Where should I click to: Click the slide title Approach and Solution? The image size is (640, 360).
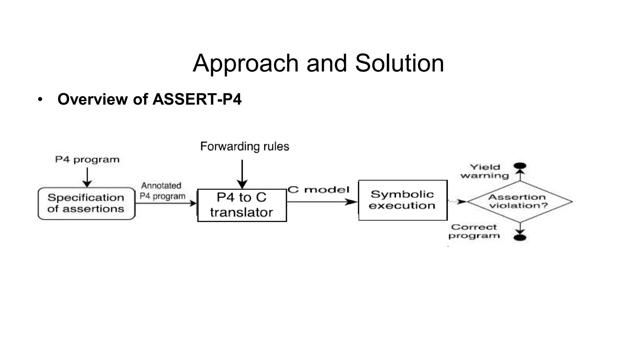click(318, 63)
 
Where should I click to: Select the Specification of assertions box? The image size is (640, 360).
click(86, 203)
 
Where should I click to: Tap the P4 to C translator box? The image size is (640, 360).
click(242, 205)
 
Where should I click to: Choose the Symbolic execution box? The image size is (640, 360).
click(403, 200)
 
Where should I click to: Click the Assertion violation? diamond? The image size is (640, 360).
click(520, 202)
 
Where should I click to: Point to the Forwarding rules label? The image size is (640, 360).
click(245, 146)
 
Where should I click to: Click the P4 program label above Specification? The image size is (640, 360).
click(87, 160)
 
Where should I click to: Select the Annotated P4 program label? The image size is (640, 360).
click(162, 191)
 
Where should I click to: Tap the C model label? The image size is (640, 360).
click(318, 190)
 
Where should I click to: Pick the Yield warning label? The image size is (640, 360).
click(485, 171)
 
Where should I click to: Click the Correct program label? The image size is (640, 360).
click(474, 231)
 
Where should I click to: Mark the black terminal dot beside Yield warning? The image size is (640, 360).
click(520, 166)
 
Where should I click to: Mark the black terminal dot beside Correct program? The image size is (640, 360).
click(520, 238)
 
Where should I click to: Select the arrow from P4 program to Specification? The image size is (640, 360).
click(87, 177)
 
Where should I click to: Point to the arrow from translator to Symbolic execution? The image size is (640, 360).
click(322, 202)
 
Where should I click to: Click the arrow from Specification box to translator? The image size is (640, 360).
click(166, 203)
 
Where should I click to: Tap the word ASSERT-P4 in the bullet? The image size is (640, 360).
click(197, 99)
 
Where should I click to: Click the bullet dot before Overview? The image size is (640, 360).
click(40, 100)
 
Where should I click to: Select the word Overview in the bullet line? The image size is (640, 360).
click(92, 99)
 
